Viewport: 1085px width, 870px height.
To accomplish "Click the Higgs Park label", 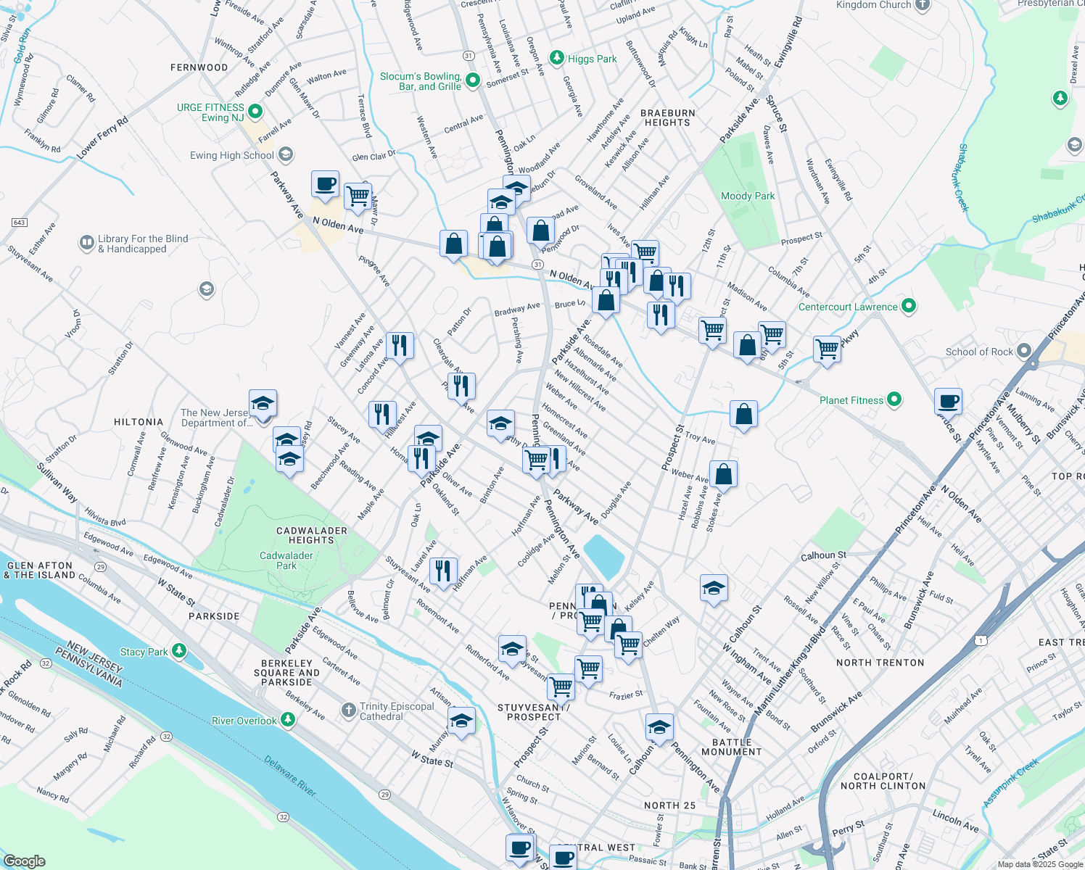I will tap(592, 59).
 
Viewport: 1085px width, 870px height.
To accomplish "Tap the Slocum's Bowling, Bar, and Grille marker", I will tap(473, 80).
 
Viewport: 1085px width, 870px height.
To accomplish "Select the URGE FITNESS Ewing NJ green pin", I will tap(255, 112).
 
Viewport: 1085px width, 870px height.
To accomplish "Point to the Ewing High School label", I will tap(232, 155).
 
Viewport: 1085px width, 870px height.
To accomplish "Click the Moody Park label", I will tap(748, 196).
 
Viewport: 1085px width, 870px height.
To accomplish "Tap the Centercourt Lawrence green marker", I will tap(908, 306).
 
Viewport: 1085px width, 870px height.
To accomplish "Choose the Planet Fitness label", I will tap(851, 400).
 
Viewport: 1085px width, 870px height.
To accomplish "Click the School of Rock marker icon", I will tap(1024, 352).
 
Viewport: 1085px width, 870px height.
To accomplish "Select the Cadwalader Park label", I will tap(286, 560).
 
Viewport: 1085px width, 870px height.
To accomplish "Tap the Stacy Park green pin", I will tap(179, 651).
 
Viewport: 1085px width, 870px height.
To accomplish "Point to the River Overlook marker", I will tap(288, 720).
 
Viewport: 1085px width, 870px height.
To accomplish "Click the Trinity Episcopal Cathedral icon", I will tap(349, 709).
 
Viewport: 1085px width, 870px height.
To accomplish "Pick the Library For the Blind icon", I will tap(87, 241).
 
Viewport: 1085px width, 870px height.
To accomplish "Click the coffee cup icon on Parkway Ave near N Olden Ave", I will tap(326, 183).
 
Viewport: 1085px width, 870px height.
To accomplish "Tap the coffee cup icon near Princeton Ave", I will tap(948, 401).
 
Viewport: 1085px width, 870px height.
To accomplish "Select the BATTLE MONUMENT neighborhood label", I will tap(732, 747).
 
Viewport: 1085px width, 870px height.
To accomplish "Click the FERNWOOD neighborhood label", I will tap(199, 67).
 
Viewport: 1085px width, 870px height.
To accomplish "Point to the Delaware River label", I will tap(290, 776).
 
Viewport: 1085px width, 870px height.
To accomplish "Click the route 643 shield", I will tap(19, 222).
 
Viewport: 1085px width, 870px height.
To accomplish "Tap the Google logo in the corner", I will tap(24, 861).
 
